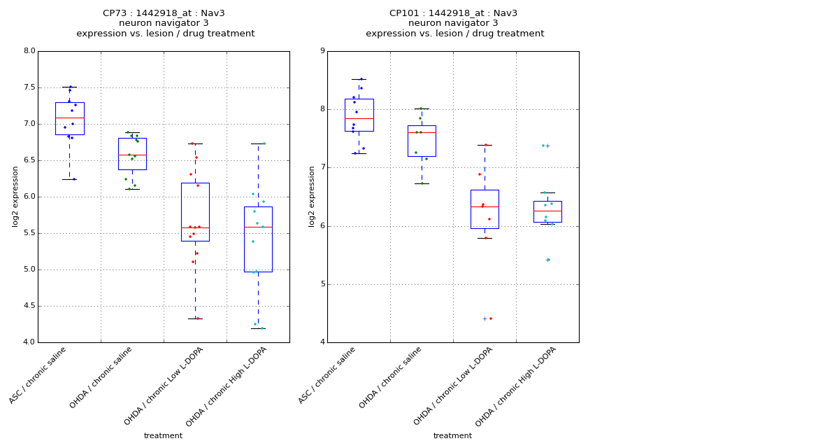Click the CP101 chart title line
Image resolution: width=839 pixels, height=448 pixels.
pyautogui.click(x=454, y=13)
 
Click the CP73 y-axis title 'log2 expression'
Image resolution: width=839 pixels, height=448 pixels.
pyautogui.click(x=15, y=196)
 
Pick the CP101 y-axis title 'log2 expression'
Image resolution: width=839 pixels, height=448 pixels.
pyautogui.click(x=312, y=196)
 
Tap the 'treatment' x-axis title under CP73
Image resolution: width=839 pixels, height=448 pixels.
pyautogui.click(x=163, y=436)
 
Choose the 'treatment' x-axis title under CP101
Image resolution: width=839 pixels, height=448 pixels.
pyautogui.click(x=452, y=436)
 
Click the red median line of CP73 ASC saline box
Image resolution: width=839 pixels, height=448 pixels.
pyautogui.click(x=69, y=118)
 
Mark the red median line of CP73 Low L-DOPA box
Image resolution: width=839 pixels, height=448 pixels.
pyautogui.click(x=195, y=227)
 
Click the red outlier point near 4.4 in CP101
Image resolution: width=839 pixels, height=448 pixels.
pyautogui.click(x=490, y=318)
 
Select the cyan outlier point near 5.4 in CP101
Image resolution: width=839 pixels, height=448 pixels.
pyautogui.click(x=549, y=260)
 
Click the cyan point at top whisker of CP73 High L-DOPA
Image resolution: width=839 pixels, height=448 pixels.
pyautogui.click(x=264, y=143)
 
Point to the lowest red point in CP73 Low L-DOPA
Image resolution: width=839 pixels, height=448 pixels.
pyautogui.click(x=197, y=318)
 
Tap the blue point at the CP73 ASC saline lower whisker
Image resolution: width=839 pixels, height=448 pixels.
pyautogui.click(x=74, y=179)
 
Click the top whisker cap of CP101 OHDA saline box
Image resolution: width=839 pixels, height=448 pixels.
pyautogui.click(x=422, y=108)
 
